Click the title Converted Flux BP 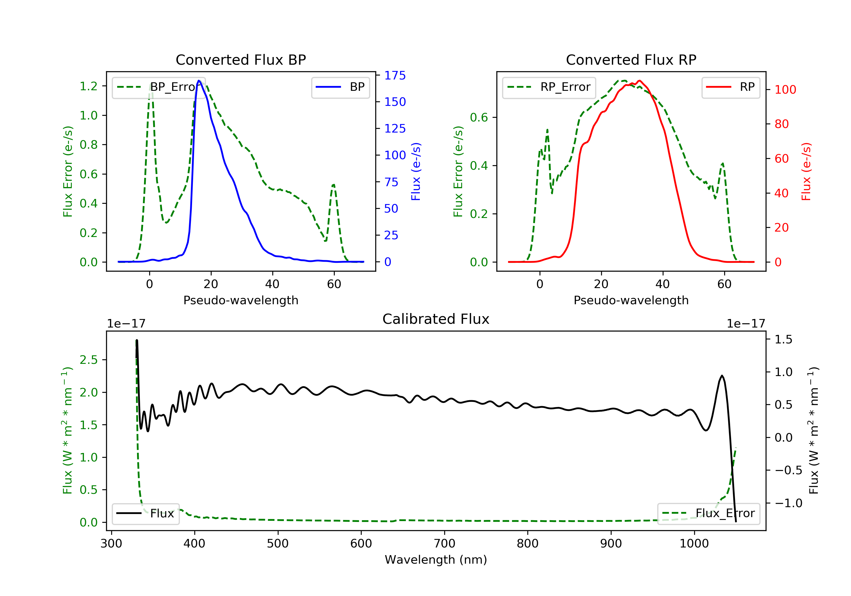coord(241,60)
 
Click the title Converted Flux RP coord(631,60)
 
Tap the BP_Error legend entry coord(159,87)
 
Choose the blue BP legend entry coord(340,87)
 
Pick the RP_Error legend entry coord(549,87)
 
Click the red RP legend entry coord(730,87)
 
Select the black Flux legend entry coord(146,514)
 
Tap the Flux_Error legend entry coord(708,513)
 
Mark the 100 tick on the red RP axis coord(785,89)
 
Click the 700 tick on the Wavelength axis coord(445,544)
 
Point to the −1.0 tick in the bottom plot coord(788,503)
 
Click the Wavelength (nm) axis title coord(436,560)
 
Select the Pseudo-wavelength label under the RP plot coord(631,300)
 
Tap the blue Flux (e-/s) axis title coord(416,172)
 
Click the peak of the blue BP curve coord(199,81)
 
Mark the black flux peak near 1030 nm coord(722,376)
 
